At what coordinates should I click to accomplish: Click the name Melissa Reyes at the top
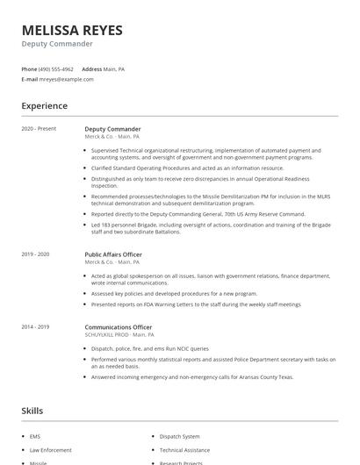(x=72, y=31)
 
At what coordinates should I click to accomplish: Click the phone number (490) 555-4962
(x=56, y=68)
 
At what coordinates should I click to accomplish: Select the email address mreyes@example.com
(x=66, y=79)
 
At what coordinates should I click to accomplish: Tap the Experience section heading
(x=44, y=106)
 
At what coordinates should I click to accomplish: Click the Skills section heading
(x=32, y=411)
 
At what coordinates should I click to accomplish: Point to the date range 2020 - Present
(x=39, y=129)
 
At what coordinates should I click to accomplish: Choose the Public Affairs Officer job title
(x=113, y=254)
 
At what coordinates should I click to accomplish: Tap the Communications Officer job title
(x=117, y=326)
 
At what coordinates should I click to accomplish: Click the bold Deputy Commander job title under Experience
(x=112, y=129)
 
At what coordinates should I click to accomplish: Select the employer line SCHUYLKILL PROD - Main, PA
(x=119, y=334)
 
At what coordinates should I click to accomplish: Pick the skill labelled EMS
(x=34, y=436)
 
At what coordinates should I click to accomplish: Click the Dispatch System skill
(x=179, y=436)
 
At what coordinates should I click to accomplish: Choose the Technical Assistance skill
(x=184, y=449)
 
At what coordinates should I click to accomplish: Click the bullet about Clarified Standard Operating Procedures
(x=187, y=168)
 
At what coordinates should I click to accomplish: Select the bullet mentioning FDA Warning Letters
(x=195, y=304)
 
